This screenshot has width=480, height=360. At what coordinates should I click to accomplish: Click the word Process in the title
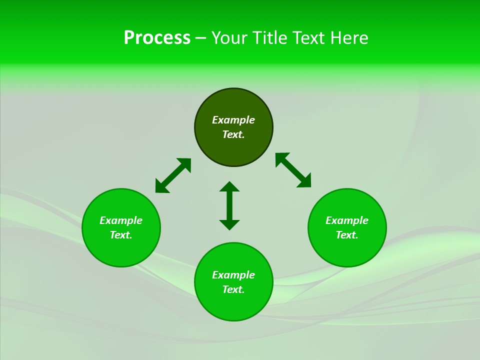tap(157, 38)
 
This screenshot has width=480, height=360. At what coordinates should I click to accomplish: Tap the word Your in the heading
tap(230, 38)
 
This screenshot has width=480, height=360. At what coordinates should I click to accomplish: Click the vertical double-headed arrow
tap(229, 205)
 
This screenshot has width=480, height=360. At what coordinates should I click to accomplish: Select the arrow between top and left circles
tap(173, 175)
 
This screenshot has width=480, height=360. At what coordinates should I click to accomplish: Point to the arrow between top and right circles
tap(293, 170)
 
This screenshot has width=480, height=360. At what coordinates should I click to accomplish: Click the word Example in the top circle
tap(233, 120)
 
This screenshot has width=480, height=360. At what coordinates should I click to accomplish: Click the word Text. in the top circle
tap(233, 134)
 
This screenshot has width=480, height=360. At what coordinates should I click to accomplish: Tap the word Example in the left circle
tap(121, 220)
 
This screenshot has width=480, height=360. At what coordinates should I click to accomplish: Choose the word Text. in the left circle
tap(121, 235)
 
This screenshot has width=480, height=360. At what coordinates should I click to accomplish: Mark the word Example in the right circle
tap(347, 220)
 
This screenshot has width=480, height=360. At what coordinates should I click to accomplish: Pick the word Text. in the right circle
tap(347, 235)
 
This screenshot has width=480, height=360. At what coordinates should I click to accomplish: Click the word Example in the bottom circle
tap(233, 275)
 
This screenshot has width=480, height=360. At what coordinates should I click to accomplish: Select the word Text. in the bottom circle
tap(233, 289)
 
